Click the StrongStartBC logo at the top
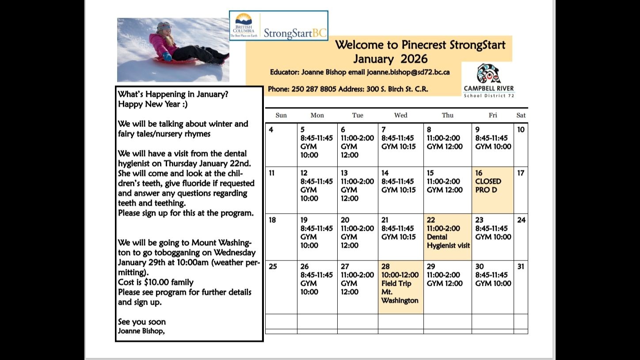tap(278, 26)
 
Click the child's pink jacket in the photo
tap(159, 43)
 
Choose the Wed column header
tap(400, 115)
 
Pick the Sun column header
tap(281, 115)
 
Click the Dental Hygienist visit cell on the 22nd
tap(448, 237)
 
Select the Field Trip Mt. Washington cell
tap(400, 287)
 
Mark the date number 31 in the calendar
tap(521, 267)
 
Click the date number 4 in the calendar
tap(271, 130)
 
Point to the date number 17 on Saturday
tap(521, 173)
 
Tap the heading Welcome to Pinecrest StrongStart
tap(420, 45)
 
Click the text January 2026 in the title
tap(390, 59)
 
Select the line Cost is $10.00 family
tap(156, 282)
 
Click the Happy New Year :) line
tap(143, 104)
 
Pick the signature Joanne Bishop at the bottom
tap(141, 331)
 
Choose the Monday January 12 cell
tap(317, 190)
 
